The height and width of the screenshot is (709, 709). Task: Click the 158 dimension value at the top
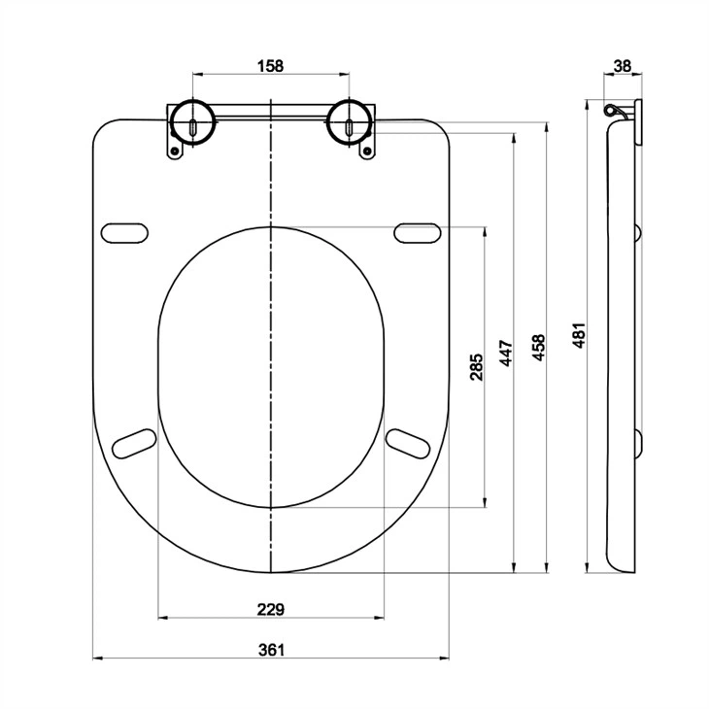270,66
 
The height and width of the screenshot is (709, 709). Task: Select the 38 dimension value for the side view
623,66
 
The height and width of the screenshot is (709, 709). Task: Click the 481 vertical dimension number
579,336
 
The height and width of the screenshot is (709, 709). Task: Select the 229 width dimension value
270,609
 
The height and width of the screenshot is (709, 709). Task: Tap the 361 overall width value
272,650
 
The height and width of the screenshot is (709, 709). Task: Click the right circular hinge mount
350,122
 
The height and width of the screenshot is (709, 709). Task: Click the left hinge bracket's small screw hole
176,152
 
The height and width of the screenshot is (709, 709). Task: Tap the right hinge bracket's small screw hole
366,152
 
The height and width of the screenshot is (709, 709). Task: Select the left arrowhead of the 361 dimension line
97,659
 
